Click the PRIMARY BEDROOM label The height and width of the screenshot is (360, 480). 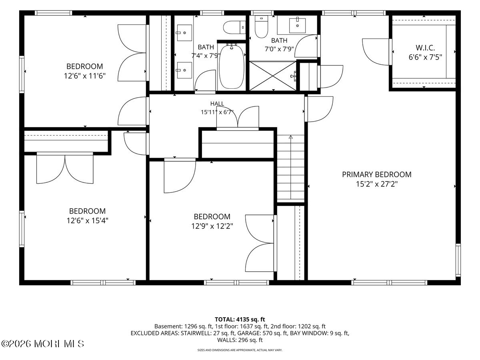click(376, 174)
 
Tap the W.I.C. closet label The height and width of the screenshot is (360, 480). click(425, 48)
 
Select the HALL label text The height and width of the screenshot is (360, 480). click(217, 104)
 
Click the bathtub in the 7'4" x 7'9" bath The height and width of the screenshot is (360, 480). click(232, 67)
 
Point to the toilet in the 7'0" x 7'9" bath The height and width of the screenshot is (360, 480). click(261, 27)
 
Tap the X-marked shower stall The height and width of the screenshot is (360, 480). click(273, 76)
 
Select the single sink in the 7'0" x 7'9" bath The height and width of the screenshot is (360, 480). click(297, 25)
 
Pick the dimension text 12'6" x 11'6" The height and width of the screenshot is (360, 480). click(85, 76)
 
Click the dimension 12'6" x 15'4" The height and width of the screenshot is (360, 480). click(88, 221)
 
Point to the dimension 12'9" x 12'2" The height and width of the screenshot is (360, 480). click(212, 226)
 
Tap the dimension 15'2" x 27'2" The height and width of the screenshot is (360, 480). click(376, 184)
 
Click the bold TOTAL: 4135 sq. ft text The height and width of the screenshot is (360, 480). click(240, 320)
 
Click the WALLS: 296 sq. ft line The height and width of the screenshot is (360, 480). click(240, 340)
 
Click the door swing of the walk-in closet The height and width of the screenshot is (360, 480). click(376, 52)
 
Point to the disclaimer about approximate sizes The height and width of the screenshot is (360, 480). click(240, 350)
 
